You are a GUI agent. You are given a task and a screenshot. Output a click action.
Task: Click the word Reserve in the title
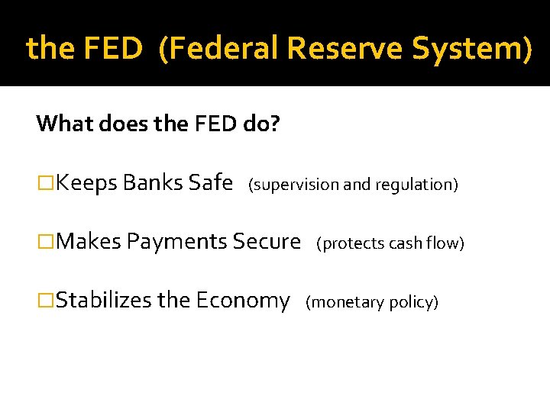point(354,49)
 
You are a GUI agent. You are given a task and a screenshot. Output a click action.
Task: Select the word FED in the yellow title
point(112,49)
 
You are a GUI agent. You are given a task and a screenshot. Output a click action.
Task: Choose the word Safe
point(210,183)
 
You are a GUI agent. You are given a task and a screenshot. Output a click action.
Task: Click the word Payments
point(176,242)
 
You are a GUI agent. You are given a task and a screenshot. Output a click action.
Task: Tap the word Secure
point(267,242)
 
